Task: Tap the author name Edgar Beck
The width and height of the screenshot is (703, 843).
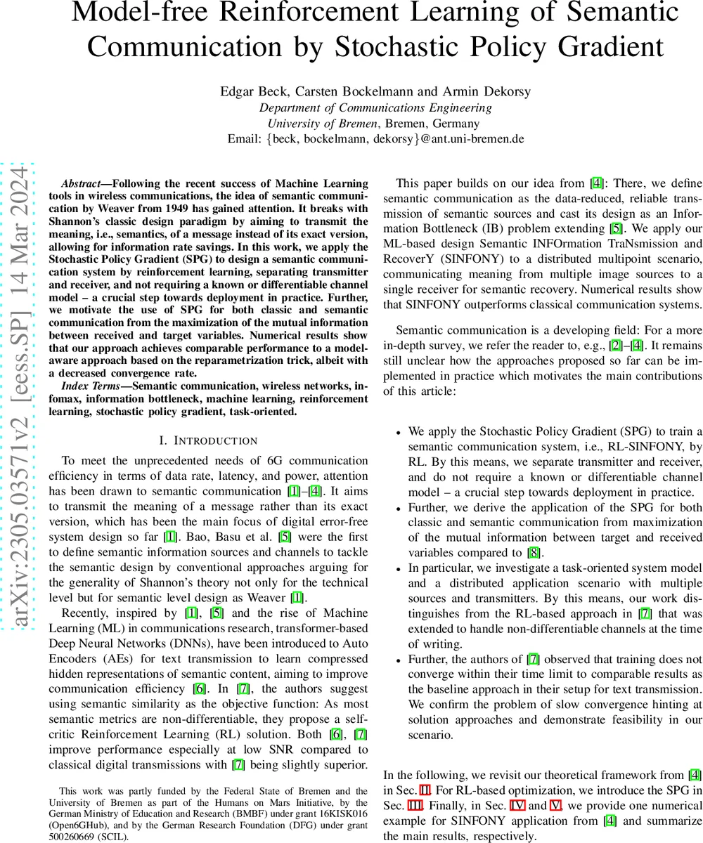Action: [248, 91]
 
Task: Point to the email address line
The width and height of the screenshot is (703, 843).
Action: [375, 138]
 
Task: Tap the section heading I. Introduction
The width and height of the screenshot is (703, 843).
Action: [208, 440]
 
